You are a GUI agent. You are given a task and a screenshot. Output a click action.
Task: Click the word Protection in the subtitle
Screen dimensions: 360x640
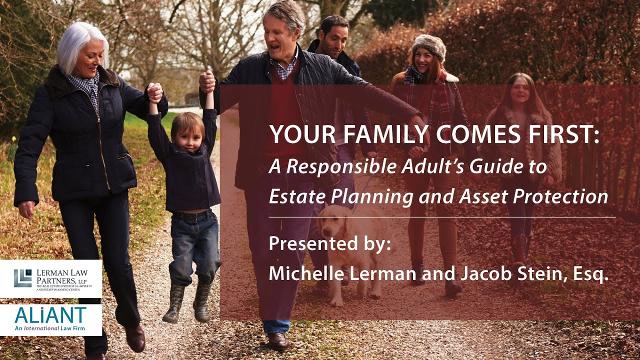pyautogui.click(x=565, y=196)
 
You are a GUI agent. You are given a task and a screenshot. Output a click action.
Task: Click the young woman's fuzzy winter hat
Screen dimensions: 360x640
pyautogui.click(x=428, y=45)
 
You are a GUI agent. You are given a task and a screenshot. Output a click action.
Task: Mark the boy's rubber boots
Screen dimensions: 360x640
pyautogui.click(x=188, y=302)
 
